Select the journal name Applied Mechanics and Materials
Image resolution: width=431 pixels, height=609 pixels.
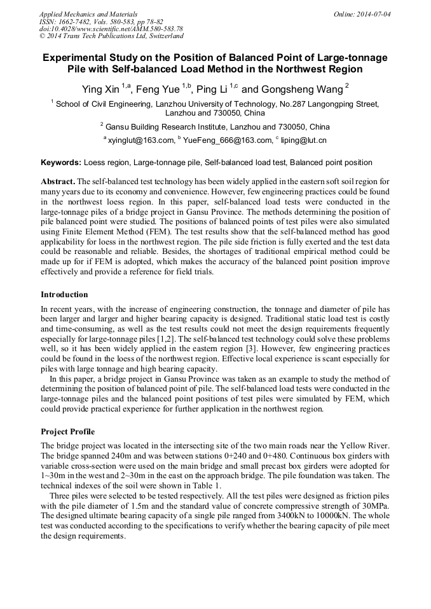[x=88, y=13]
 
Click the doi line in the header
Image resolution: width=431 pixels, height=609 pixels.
[x=111, y=29]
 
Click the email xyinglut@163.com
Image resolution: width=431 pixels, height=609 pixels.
[x=141, y=140]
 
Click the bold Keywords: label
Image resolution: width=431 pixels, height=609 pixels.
[x=60, y=163]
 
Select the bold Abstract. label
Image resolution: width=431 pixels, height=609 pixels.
[x=57, y=181]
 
